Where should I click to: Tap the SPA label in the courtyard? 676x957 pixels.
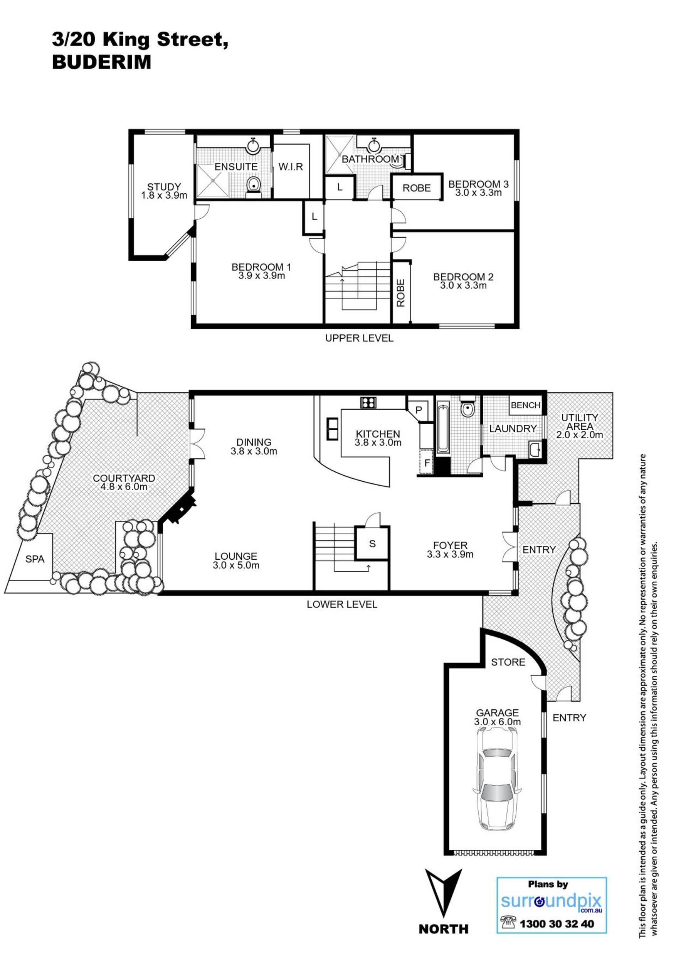click(x=35, y=559)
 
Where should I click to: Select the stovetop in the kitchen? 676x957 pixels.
click(x=368, y=402)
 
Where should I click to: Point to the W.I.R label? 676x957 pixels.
click(x=291, y=167)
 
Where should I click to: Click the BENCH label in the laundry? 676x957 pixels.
click(x=526, y=405)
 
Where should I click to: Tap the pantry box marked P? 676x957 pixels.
click(x=419, y=410)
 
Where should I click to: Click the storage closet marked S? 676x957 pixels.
click(x=372, y=543)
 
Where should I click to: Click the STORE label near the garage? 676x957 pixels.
click(x=508, y=662)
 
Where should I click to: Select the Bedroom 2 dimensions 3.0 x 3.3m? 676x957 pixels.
click(x=463, y=285)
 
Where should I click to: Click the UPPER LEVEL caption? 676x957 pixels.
click(x=359, y=338)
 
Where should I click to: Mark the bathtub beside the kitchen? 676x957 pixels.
click(x=443, y=428)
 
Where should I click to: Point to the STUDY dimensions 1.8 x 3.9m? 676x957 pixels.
click(x=164, y=195)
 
